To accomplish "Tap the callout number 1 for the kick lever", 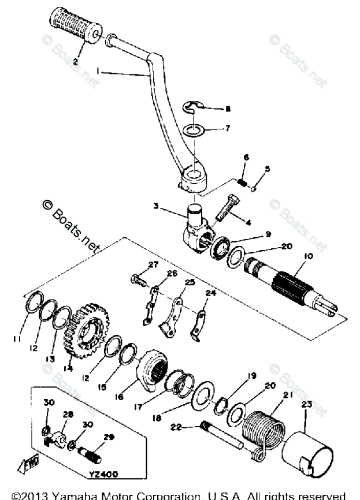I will pyautogui.click(x=99, y=70).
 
